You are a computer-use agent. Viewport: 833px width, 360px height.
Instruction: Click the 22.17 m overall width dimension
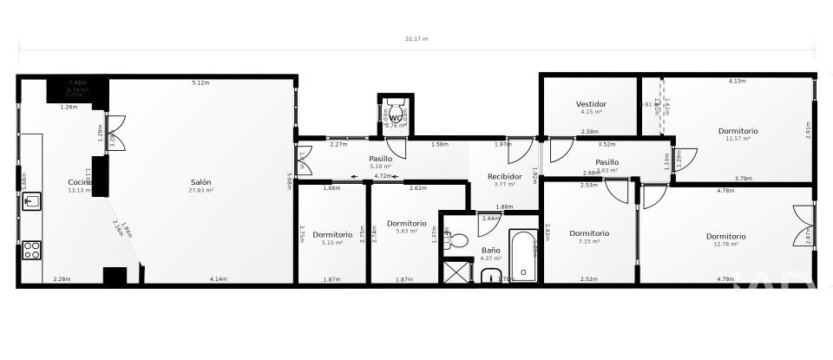tap(416, 39)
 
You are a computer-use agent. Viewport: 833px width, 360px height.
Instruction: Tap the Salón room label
tap(201, 182)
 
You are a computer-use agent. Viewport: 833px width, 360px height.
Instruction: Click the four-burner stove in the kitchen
tap(31, 250)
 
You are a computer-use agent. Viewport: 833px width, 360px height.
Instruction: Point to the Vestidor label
tap(591, 104)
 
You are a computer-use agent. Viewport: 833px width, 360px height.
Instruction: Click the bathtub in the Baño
tap(523, 255)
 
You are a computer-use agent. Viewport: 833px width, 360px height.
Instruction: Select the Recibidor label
tap(504, 176)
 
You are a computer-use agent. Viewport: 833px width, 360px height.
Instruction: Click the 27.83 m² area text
tap(201, 190)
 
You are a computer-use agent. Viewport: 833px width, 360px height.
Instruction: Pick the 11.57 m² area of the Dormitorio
tap(738, 139)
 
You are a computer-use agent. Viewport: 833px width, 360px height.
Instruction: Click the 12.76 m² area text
tap(725, 244)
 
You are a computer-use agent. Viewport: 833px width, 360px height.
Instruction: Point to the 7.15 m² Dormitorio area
tap(589, 241)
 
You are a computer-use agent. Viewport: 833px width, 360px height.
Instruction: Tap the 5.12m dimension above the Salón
tap(201, 82)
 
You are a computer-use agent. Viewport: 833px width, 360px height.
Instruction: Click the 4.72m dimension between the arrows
tap(381, 176)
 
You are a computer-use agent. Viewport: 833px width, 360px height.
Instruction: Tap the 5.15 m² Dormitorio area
tap(332, 243)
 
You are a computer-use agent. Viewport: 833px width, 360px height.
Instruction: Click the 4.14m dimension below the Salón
tap(218, 278)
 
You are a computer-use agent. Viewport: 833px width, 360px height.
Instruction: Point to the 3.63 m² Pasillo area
tap(607, 170)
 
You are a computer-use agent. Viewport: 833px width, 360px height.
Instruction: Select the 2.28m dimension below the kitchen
tap(62, 278)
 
